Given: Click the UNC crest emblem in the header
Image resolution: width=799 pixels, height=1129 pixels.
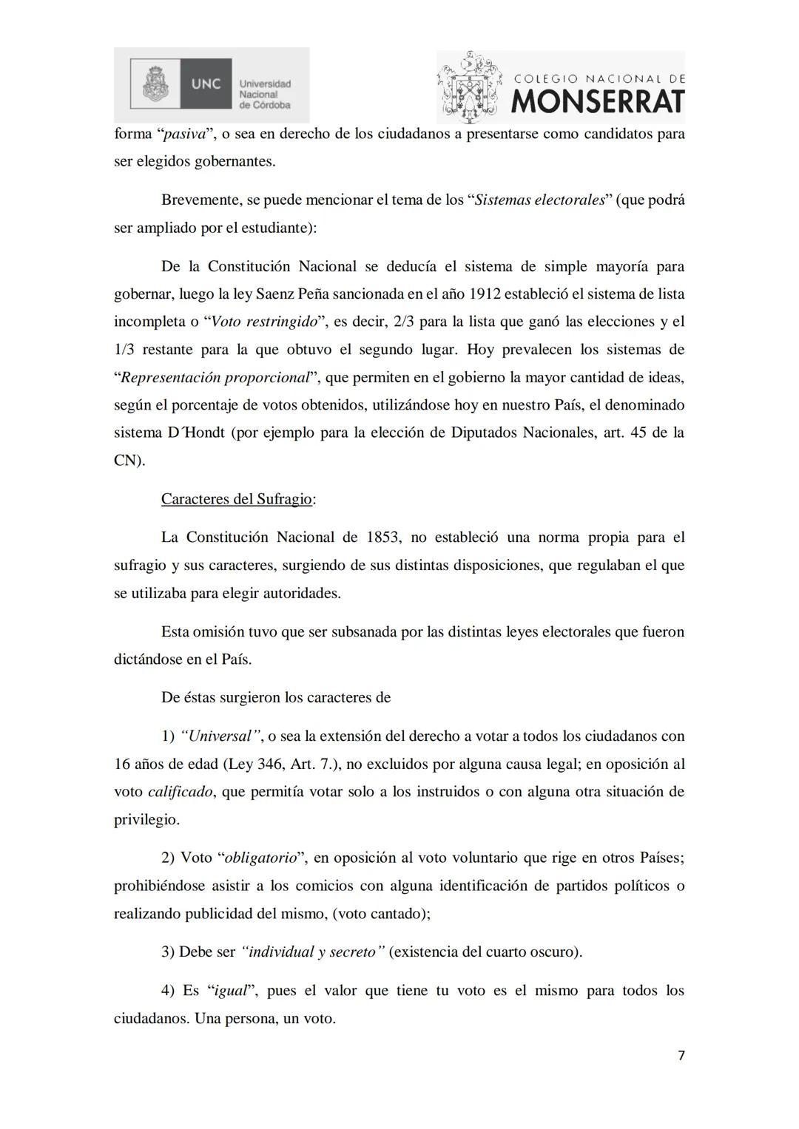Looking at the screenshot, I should click(x=155, y=84).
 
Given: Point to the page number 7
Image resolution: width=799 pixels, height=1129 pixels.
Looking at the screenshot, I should click(x=681, y=1055).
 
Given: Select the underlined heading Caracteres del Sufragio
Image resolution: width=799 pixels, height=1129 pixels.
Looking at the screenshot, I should click(x=237, y=499).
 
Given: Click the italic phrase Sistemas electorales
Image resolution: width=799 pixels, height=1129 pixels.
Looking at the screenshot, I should click(x=540, y=200).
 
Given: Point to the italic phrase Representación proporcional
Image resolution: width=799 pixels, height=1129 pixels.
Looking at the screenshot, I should click(x=215, y=378).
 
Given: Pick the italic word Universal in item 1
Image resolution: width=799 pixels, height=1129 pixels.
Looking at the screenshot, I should click(x=220, y=736).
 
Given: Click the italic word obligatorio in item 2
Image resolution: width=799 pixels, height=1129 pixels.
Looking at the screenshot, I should click(x=260, y=858).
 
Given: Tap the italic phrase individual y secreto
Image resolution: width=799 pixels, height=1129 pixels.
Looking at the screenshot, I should click(x=312, y=952).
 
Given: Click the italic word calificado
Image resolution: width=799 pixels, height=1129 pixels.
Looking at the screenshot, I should click(x=181, y=792).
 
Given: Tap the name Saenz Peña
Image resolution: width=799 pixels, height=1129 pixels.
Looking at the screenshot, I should click(x=291, y=294).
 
